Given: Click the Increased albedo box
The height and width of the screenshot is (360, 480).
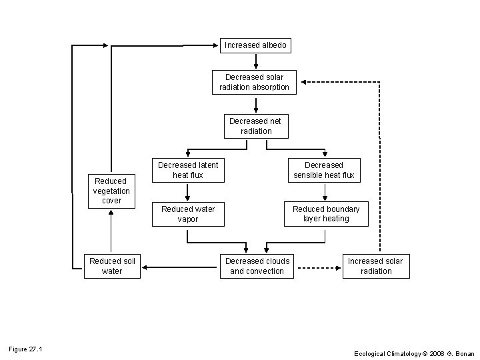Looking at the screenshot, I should click(x=255, y=45).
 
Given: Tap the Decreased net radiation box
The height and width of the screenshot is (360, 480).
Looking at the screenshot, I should click(x=256, y=126).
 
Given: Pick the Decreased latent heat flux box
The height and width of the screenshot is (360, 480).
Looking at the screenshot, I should click(x=188, y=170).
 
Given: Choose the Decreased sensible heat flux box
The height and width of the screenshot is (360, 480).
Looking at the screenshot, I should click(x=324, y=170).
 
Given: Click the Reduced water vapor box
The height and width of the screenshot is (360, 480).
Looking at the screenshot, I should click(x=188, y=214).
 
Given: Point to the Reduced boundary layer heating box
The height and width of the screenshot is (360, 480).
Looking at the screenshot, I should click(x=326, y=214).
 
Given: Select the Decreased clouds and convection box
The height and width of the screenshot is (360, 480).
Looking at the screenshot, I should click(x=257, y=266).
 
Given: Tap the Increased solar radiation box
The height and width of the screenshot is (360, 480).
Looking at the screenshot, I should click(x=375, y=266).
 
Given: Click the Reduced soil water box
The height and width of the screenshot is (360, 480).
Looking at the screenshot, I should click(x=112, y=266).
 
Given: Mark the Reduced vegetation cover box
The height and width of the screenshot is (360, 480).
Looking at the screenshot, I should click(x=112, y=191).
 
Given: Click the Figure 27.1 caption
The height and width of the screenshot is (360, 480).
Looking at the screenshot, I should click(x=25, y=349).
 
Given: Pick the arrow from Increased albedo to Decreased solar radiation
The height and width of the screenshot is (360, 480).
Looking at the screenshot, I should click(x=256, y=61).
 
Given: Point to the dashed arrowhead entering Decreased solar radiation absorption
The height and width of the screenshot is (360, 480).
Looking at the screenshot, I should click(x=303, y=82).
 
